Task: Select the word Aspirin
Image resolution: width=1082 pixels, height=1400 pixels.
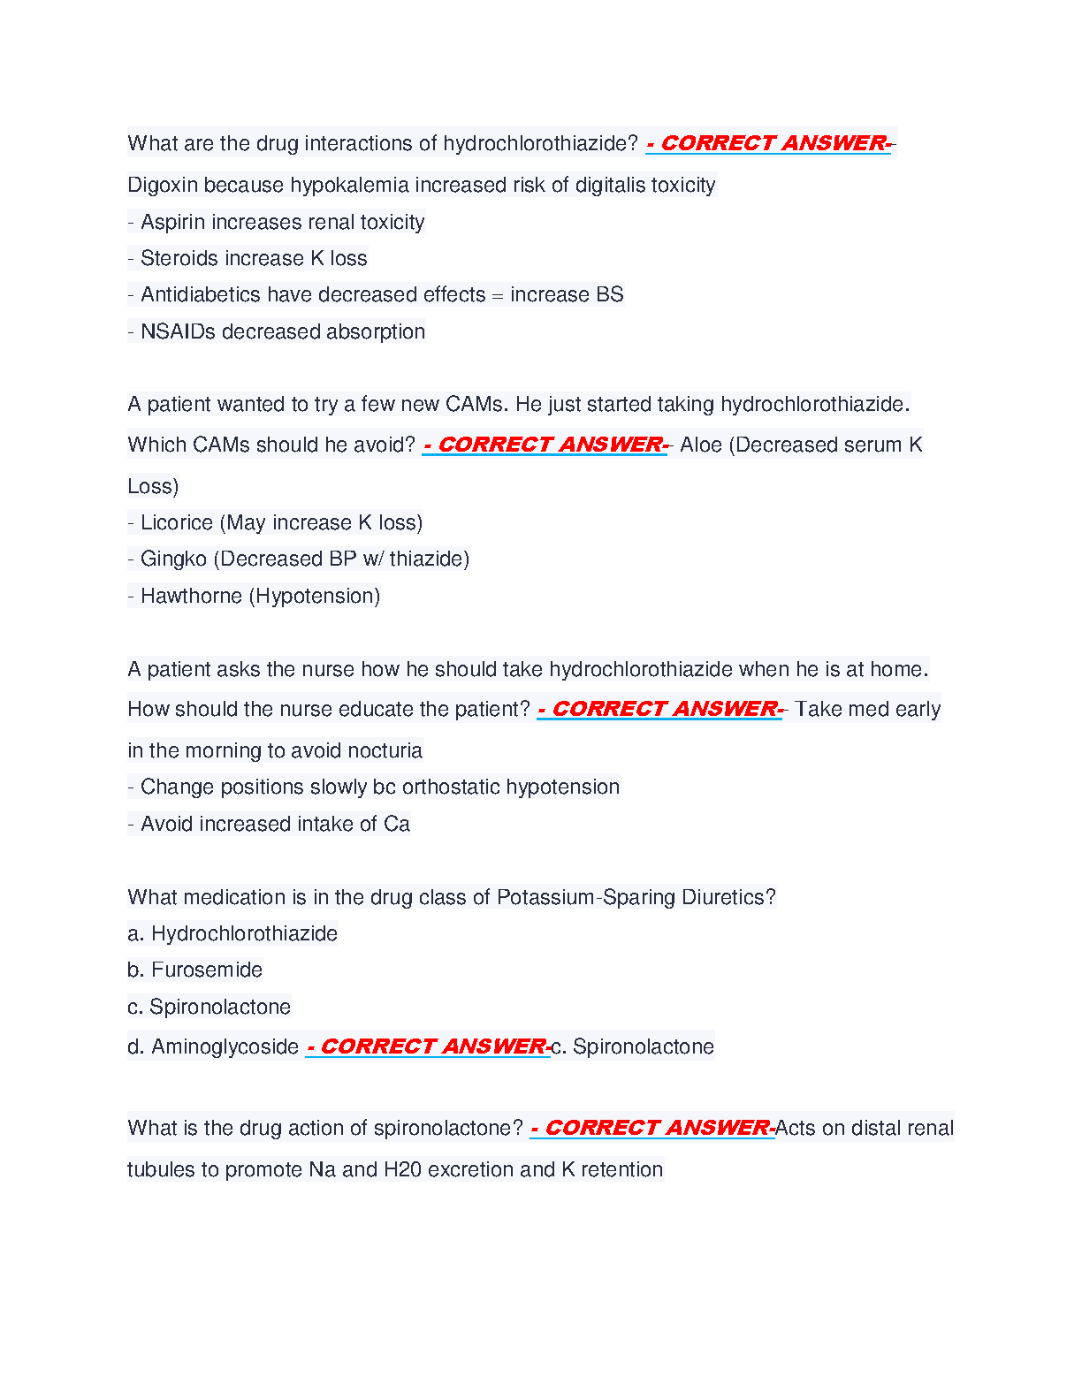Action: pos(172,223)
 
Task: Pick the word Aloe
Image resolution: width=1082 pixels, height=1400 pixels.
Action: pos(701,445)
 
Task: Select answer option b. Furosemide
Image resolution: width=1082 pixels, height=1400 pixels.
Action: pos(195,970)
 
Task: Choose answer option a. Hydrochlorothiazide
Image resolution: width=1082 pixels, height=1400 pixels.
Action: pos(232,934)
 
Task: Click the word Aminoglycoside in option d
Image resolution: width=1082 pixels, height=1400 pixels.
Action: pos(225,1047)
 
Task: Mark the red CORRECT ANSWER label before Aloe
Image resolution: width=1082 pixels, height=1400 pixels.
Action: pos(545,445)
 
